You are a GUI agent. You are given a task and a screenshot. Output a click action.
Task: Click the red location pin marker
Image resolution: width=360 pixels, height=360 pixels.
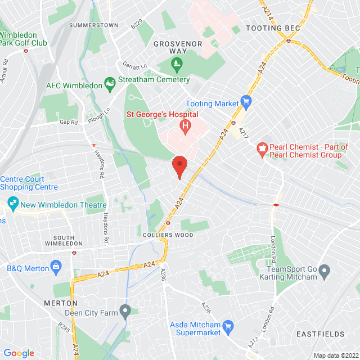pyautogui.click(x=179, y=167)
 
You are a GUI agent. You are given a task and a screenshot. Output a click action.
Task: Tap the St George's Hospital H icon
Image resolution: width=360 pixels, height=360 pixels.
pyautogui.click(x=183, y=126)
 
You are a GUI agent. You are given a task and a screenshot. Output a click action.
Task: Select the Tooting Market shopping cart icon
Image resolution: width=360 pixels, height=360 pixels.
pyautogui.click(x=245, y=102)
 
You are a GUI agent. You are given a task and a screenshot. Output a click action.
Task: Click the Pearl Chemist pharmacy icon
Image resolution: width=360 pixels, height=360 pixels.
pyautogui.click(x=261, y=149)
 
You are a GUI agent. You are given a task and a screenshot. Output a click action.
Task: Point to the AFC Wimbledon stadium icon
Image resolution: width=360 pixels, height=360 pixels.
pyautogui.click(x=110, y=85)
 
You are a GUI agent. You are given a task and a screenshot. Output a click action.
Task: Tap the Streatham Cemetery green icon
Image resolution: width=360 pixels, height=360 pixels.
pyautogui.click(x=178, y=64)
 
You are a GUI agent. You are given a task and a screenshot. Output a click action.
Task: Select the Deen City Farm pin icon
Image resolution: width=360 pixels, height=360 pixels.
pyautogui.click(x=125, y=310)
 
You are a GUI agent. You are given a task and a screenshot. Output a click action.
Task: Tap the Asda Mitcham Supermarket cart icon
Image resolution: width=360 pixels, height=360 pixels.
pyautogui.click(x=228, y=327)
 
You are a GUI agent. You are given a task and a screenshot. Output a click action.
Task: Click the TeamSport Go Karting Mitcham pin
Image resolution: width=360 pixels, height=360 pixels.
pyautogui.click(x=324, y=273)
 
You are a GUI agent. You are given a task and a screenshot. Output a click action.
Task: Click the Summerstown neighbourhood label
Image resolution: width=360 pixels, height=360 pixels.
pyautogui.click(x=94, y=25)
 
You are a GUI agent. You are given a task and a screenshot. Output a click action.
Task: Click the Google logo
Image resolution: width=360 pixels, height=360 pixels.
pyautogui.click(x=19, y=353)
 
